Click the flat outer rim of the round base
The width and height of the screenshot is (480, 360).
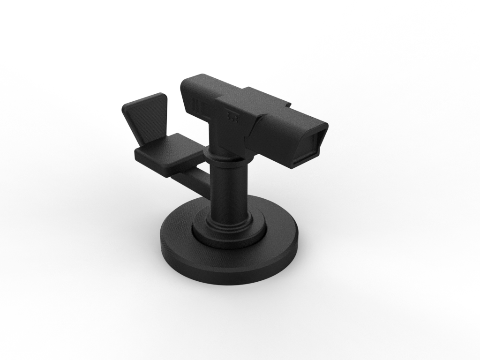click(x=277, y=234)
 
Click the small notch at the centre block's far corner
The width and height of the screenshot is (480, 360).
click(x=288, y=104)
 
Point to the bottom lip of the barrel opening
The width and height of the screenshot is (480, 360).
click(x=305, y=162)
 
